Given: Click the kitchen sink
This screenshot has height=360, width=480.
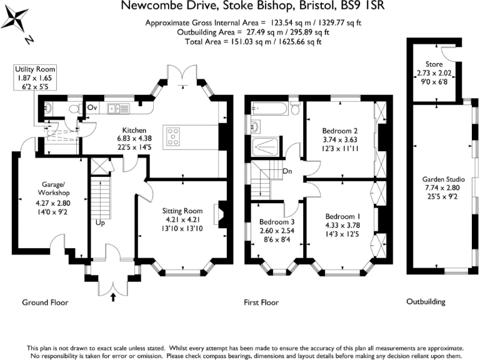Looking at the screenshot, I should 117,108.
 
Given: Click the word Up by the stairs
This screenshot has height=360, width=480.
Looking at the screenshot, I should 99,222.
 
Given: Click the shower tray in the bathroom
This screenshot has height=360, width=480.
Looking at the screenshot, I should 267,147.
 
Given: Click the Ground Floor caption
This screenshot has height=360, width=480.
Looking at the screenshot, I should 45,302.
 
